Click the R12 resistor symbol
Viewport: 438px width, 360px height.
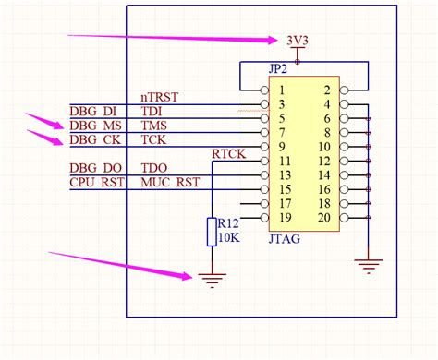pyautogui.click(x=212, y=233)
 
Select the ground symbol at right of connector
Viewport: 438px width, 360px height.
pyautogui.click(x=369, y=266)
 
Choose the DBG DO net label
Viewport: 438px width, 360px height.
pyautogui.click(x=94, y=169)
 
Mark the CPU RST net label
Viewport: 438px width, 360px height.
pyautogui.click(x=94, y=183)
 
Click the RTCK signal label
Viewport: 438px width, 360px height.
pyautogui.click(x=228, y=154)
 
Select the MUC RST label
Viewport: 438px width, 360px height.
pyautogui.click(x=169, y=183)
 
